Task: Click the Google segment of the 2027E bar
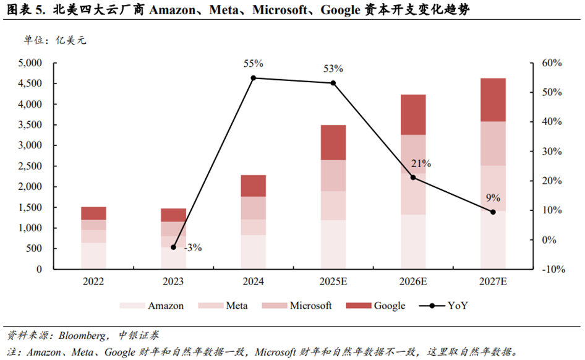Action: (x=493, y=100)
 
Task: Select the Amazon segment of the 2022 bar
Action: (x=93, y=255)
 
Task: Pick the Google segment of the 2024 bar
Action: (x=253, y=186)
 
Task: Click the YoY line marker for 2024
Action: (x=254, y=78)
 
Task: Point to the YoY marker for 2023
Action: (x=174, y=247)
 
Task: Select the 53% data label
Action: (x=333, y=69)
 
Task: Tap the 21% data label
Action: (x=421, y=164)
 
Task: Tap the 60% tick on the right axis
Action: (x=550, y=63)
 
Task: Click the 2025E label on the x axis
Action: (x=333, y=282)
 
